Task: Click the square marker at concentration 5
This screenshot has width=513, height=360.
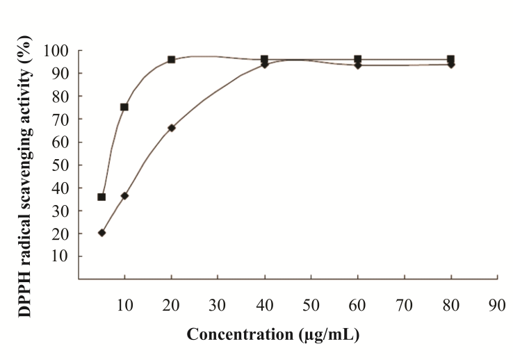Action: click(101, 197)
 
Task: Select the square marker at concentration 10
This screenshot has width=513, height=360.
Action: click(124, 107)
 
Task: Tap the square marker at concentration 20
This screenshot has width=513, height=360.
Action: click(171, 60)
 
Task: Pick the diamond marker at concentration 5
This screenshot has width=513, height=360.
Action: click(101, 233)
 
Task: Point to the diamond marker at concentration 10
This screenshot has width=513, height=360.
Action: click(124, 196)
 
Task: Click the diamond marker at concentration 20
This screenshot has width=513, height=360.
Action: click(171, 128)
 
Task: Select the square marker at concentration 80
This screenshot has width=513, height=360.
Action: click(450, 59)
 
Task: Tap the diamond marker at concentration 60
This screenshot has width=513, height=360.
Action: click(357, 65)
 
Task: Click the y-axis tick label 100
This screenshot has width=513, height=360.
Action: click(56, 51)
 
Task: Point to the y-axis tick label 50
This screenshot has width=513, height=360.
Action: click(60, 165)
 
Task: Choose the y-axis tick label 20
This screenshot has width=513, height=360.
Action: click(60, 234)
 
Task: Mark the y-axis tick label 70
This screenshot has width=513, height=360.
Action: click(60, 120)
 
